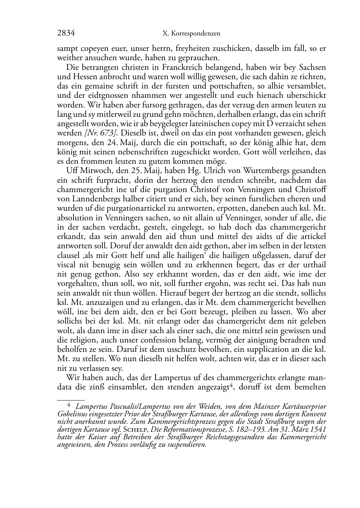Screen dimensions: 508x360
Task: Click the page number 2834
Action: point(66,33)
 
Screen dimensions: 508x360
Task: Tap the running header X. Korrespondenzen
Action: point(191,34)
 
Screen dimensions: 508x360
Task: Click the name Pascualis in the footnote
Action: point(112,407)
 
